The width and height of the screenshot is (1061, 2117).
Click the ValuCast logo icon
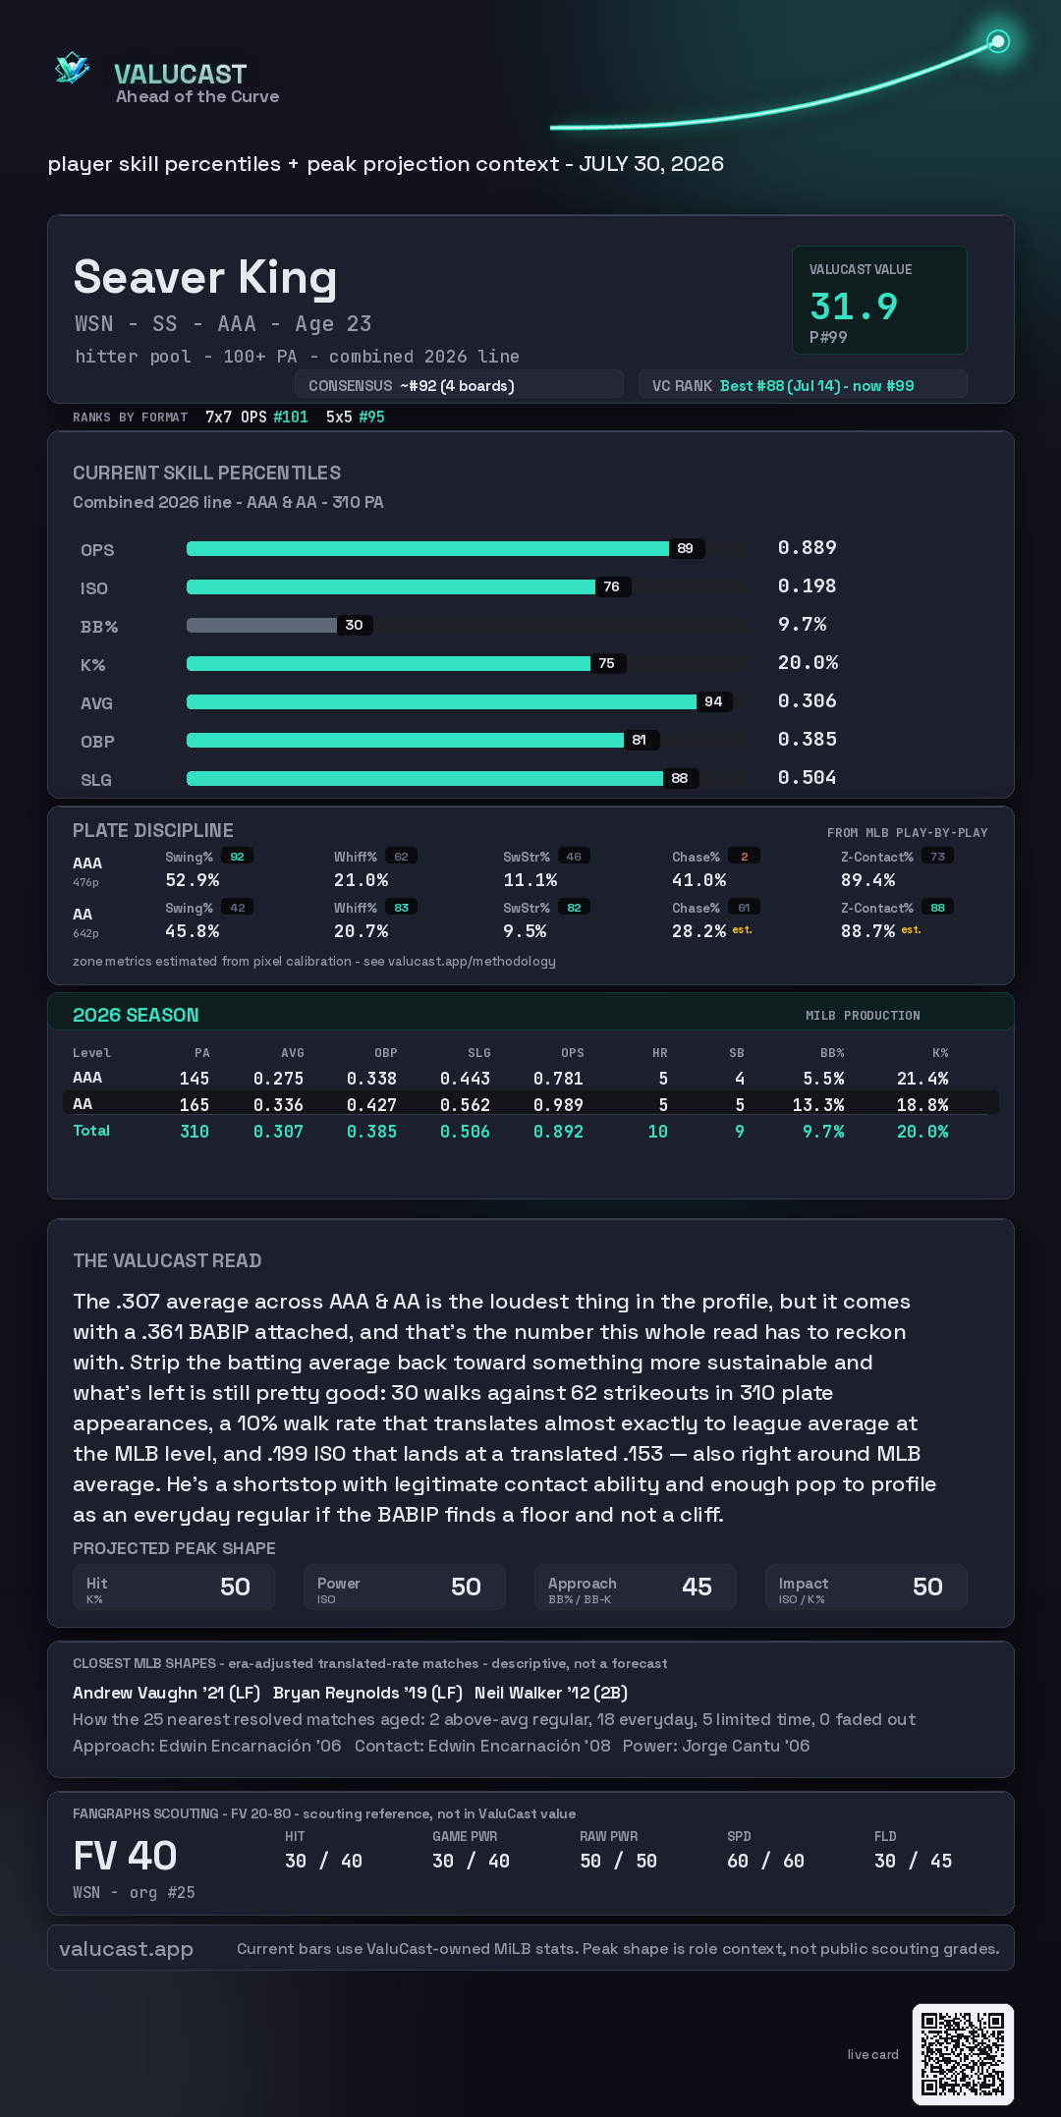(x=72, y=68)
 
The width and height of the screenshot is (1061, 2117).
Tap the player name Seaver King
(x=205, y=278)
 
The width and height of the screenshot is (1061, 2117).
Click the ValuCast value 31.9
(x=854, y=306)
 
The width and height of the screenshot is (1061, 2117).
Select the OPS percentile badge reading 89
(x=686, y=548)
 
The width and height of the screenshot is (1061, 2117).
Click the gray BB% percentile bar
(x=261, y=625)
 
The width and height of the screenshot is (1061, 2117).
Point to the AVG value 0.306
(x=807, y=700)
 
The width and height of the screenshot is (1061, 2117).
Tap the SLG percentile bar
(x=424, y=778)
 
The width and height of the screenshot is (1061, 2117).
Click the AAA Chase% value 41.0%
(x=698, y=880)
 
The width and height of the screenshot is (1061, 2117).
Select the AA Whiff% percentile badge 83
(x=401, y=908)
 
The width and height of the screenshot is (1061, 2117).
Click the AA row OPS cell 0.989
(x=558, y=1105)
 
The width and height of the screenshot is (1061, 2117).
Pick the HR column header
(x=660, y=1053)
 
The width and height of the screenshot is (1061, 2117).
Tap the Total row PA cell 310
(x=195, y=1132)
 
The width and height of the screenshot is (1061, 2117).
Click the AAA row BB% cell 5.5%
(x=823, y=1079)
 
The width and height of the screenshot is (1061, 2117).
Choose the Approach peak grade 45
(x=697, y=1587)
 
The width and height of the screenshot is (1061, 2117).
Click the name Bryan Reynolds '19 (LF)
(x=367, y=1693)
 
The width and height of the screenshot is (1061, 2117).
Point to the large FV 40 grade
(x=125, y=1856)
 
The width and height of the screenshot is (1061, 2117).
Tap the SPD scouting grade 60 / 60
(x=765, y=1861)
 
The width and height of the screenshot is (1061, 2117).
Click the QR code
(x=963, y=2054)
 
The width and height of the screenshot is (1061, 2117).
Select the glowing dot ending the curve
(x=998, y=41)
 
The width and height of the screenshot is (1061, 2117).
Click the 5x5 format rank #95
(x=371, y=417)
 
